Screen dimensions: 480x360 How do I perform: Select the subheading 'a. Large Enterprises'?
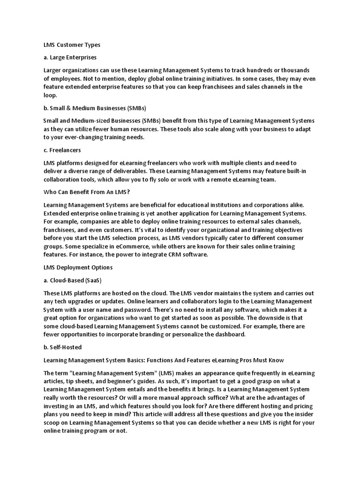pos(70,57)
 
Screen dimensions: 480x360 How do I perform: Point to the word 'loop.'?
pos(50,95)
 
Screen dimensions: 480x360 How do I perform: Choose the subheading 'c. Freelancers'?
pos(62,150)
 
